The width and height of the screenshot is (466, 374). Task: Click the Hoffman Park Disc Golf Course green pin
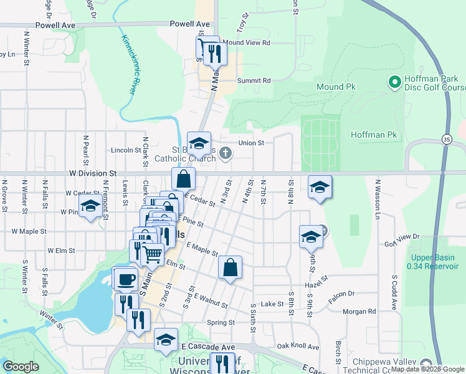(x=394, y=82)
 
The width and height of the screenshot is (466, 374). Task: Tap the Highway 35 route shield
(x=447, y=138)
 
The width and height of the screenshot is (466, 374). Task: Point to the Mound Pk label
(x=335, y=87)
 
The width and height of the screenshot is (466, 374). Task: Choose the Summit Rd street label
(x=254, y=80)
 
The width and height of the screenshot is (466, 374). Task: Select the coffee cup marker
(x=126, y=279)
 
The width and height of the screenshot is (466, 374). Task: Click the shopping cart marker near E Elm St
(x=153, y=252)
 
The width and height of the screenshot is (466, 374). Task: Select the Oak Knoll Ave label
(x=298, y=346)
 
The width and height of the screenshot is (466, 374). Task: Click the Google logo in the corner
(x=21, y=367)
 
